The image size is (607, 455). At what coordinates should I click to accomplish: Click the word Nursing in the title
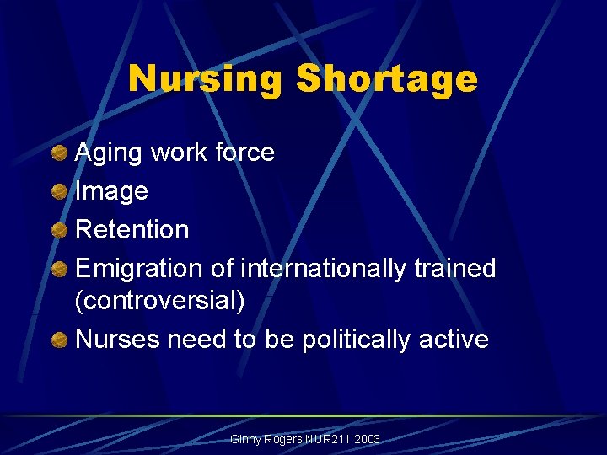click(205, 80)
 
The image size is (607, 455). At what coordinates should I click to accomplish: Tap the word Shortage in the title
click(387, 80)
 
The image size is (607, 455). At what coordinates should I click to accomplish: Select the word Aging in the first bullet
click(109, 153)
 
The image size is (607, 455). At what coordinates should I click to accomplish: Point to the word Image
click(111, 192)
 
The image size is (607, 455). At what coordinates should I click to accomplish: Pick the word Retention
click(132, 229)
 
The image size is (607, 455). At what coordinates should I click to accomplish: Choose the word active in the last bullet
click(456, 339)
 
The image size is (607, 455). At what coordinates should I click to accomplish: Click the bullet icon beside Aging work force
click(59, 153)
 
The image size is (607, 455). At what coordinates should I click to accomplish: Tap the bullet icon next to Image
click(59, 191)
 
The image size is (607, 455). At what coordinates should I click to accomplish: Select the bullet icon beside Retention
click(59, 229)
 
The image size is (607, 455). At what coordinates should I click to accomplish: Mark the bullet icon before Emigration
click(59, 269)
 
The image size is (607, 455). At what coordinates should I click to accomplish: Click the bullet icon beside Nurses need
click(59, 340)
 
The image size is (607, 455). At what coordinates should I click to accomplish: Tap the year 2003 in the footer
click(368, 440)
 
